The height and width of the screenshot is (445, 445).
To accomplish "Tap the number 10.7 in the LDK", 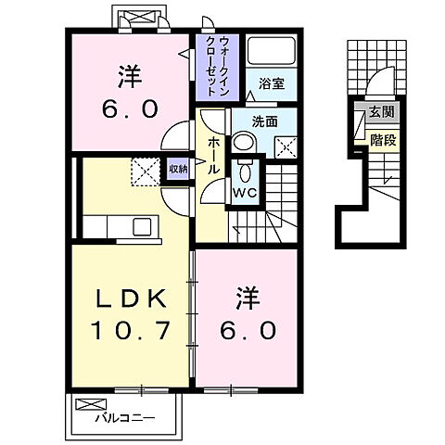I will point(130,331).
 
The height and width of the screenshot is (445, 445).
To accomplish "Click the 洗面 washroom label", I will point(265,121).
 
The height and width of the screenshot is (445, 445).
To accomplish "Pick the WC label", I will point(245,193).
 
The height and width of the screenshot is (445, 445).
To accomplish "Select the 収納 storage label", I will point(177,169).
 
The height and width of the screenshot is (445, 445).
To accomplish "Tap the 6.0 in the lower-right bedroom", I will point(247,331).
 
